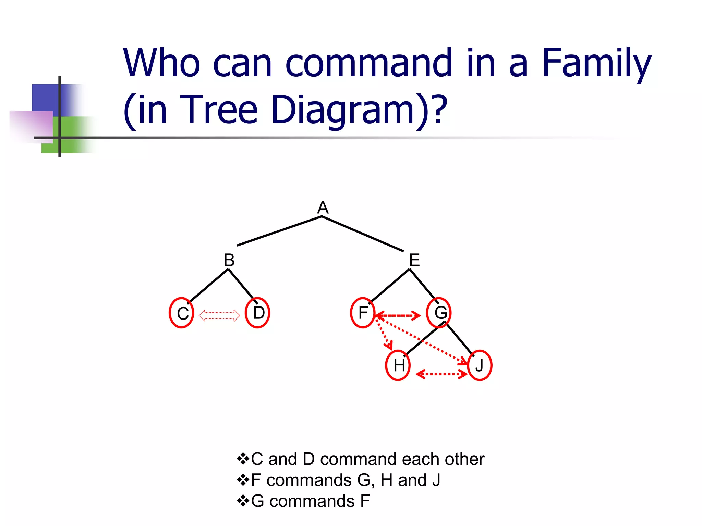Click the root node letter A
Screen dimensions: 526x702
click(323, 208)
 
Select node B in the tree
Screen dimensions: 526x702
click(229, 260)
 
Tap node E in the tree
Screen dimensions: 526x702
click(414, 260)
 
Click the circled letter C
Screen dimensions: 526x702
click(182, 313)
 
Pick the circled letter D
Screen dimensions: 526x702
click(258, 313)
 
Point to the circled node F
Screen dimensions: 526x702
click(363, 313)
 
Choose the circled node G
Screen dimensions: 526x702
click(440, 313)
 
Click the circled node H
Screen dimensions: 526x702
click(398, 365)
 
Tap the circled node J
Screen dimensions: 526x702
click(479, 365)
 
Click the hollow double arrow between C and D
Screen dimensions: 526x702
click(219, 315)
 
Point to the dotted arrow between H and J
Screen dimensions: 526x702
click(441, 374)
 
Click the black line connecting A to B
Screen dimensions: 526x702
click(279, 231)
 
